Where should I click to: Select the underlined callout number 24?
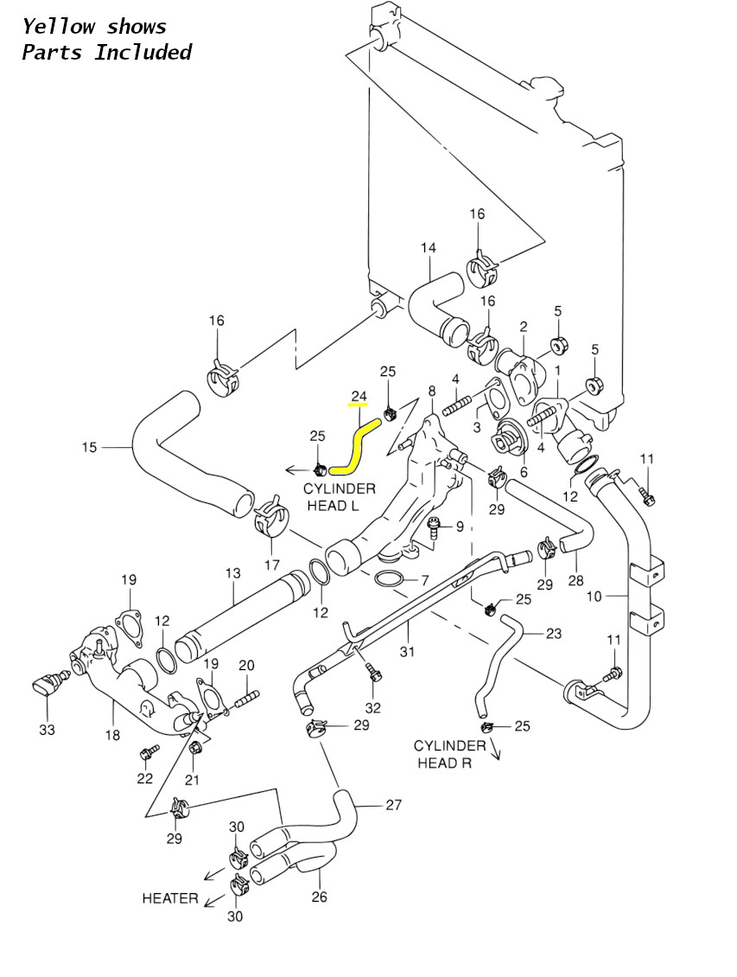359,396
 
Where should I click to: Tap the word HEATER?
170,898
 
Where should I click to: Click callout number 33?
47,729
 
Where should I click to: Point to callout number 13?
232,572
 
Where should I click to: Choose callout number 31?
407,652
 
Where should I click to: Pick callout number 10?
594,597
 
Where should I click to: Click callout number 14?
429,248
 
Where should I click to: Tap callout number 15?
89,447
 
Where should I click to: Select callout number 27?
393,805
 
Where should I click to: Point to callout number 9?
460,527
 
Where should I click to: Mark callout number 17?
272,565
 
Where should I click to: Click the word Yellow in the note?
59,27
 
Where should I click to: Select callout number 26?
320,897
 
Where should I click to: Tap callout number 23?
553,634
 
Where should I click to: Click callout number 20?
246,666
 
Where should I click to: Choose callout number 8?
432,392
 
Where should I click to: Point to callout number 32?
373,708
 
